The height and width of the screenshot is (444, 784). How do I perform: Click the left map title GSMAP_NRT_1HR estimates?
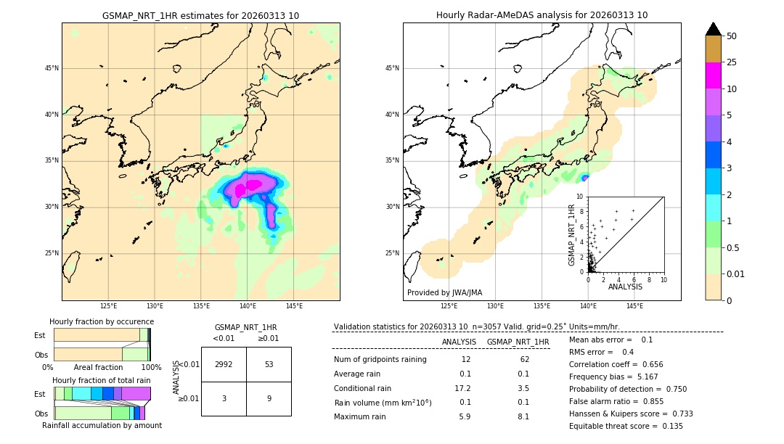[200, 15]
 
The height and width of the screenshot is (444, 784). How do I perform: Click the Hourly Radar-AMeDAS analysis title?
[542, 15]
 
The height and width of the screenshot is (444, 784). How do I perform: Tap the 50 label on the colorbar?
[732, 36]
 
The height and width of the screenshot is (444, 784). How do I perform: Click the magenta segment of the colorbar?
[713, 75]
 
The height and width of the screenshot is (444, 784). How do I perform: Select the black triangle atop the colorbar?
[713, 29]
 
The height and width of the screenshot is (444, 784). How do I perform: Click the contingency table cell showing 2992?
[224, 364]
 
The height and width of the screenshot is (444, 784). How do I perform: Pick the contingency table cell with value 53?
[269, 364]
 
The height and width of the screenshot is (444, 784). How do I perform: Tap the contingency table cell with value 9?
[269, 398]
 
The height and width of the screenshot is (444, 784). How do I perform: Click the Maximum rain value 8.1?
[523, 416]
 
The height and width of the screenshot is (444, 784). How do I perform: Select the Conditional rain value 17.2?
[462, 388]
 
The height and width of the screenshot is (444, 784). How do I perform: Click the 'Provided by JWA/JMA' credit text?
[444, 293]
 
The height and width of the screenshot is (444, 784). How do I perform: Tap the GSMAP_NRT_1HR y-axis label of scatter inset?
[571, 234]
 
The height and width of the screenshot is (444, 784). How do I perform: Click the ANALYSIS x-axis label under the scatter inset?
[625, 287]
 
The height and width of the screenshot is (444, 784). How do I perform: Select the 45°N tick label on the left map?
[52, 68]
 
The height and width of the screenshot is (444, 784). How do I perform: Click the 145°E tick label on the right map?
[634, 306]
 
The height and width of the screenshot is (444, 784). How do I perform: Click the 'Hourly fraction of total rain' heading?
[102, 380]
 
